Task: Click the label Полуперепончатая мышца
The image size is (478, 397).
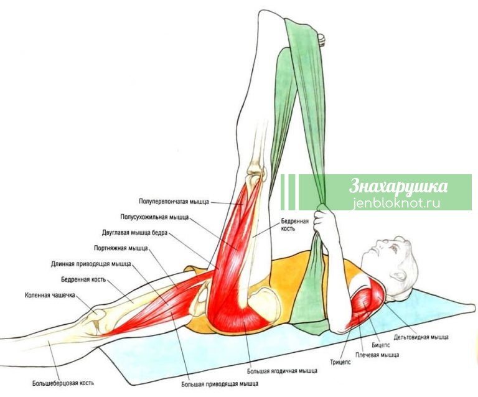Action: (x=174, y=202)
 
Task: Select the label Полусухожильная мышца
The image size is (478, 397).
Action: (x=154, y=217)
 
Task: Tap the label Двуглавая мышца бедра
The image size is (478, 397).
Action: (x=134, y=233)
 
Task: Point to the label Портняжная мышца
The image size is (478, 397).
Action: (x=121, y=248)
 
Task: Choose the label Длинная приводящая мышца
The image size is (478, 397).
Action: (x=91, y=264)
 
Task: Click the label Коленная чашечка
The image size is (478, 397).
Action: (x=50, y=295)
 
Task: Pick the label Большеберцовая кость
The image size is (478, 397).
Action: (x=63, y=383)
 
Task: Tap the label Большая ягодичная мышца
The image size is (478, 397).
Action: (x=282, y=371)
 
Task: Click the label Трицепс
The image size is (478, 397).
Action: (x=340, y=362)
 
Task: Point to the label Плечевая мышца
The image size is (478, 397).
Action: (x=377, y=355)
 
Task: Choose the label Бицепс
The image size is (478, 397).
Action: (x=380, y=345)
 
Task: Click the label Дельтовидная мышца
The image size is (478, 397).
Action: (x=421, y=337)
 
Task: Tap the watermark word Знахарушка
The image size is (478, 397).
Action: (x=398, y=186)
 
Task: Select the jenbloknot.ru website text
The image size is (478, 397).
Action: (x=396, y=203)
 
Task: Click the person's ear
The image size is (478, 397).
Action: (x=399, y=276)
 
